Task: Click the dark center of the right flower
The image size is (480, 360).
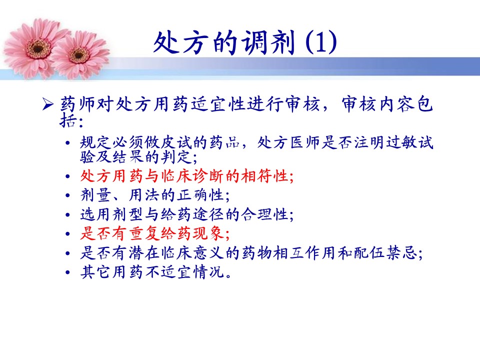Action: (x=78, y=55)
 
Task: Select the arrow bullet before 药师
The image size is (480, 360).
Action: (x=48, y=104)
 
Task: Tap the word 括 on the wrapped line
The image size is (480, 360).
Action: (x=67, y=120)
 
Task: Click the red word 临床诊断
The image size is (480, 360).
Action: (x=193, y=176)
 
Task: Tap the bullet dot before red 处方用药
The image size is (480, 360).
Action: (x=68, y=176)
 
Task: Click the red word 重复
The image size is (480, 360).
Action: (x=144, y=233)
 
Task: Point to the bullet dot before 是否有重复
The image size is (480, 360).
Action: (x=68, y=234)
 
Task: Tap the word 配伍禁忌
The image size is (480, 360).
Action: (x=385, y=253)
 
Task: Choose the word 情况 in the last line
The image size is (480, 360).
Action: (x=209, y=272)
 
